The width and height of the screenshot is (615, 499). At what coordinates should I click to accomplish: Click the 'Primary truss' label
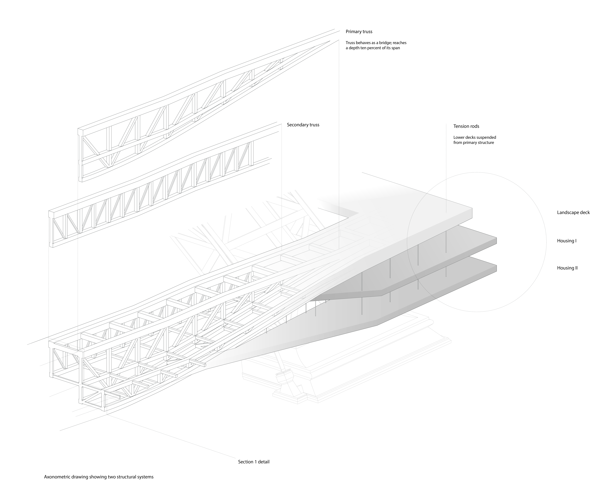[x=359, y=32]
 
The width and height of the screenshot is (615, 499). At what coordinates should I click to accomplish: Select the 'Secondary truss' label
[x=303, y=125]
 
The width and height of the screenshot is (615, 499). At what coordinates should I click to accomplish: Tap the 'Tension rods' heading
[x=466, y=126]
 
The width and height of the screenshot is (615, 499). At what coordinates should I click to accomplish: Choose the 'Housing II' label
[x=567, y=268]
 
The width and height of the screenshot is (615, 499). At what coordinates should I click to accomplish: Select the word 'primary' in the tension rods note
[x=471, y=143]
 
